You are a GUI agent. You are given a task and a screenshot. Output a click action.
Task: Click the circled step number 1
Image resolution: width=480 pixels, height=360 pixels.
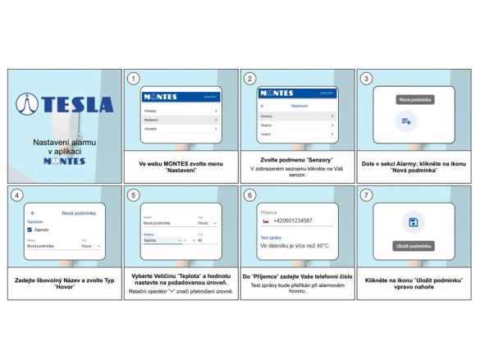click(x=133, y=79)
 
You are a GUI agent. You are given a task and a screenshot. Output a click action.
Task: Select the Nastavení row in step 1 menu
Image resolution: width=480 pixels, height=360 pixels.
click(x=179, y=119)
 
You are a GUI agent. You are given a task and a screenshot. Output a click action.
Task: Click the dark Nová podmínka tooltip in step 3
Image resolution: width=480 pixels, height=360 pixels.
click(x=414, y=99)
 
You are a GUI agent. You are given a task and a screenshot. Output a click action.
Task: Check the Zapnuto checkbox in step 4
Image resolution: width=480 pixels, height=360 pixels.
click(x=30, y=230)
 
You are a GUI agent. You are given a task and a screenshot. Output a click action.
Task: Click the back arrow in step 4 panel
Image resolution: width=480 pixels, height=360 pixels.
click(x=33, y=212)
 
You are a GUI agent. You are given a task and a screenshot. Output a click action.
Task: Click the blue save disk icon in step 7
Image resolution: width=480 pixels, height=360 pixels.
click(x=414, y=223)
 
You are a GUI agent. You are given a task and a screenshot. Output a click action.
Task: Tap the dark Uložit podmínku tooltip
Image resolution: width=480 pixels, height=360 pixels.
click(x=414, y=245)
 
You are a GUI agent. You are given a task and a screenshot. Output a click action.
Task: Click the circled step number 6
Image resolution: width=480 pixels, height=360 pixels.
click(x=249, y=196)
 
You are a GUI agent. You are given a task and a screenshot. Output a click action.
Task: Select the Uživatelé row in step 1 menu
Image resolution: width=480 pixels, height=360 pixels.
click(x=179, y=129)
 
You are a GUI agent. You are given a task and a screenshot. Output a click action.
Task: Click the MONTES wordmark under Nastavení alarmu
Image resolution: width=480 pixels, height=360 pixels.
click(x=64, y=161)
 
